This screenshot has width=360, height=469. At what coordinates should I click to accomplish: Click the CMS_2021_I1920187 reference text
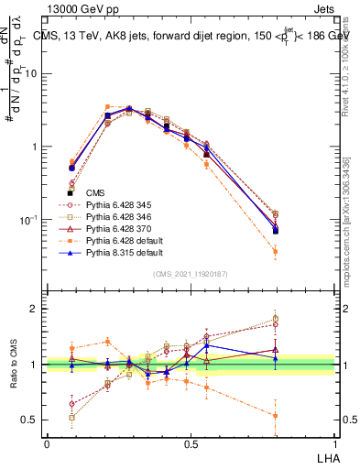coord(191,274)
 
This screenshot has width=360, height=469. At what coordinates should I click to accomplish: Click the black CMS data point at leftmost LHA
coord(71,192)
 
